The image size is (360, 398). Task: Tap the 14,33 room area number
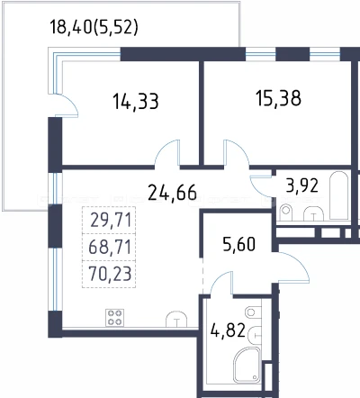coord(136,101)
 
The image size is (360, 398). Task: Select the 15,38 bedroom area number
coord(278,98)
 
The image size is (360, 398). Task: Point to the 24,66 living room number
coord(173,193)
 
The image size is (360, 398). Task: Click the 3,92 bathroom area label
coord(302,185)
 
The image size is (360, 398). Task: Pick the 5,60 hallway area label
coord(239,244)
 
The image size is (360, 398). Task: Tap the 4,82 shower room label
coord(228,330)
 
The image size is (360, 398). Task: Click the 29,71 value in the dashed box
coord(111,221)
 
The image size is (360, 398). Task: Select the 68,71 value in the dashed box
coord(110,247)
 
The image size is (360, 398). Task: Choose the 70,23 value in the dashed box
coord(110,274)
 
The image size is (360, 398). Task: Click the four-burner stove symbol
coord(114,318)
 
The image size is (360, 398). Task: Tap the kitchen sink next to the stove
coord(176,319)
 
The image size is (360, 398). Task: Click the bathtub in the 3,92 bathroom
coord(339,195)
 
